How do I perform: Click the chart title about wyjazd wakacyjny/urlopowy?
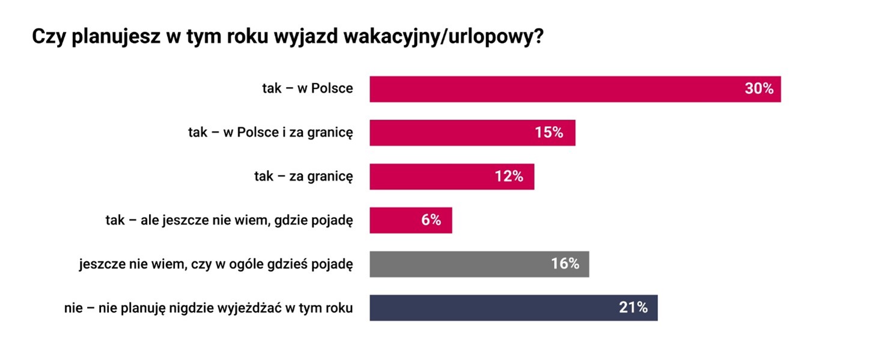click(288, 37)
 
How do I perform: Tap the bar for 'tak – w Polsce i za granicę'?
click(451, 133)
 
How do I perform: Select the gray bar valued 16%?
click(457, 264)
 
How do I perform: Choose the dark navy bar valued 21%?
click(493, 308)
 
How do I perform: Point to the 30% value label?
click(759, 89)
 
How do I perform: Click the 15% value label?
click(549, 133)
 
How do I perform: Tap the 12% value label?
click(509, 177)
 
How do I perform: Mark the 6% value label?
click(431, 221)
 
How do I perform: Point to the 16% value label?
click(565, 264)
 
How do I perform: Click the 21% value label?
click(633, 308)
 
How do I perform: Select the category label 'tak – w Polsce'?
click(307, 89)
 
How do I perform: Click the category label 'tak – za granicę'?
click(303, 177)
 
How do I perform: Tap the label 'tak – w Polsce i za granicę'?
click(270, 133)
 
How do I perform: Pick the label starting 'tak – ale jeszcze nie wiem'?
click(229, 221)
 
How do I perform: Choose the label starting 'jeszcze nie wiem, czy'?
click(216, 264)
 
